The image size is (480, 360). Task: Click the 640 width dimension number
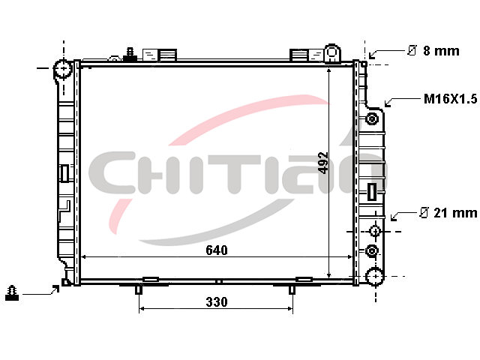217,250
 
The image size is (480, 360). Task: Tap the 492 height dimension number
323,163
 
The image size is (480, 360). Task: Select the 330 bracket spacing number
217,302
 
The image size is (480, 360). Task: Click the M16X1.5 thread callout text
450,99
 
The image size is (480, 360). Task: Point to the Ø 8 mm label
433,51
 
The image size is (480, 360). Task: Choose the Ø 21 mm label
448,213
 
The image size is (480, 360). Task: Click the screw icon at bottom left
12,293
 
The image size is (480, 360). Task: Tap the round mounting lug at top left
63,69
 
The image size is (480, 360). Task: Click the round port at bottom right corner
375,276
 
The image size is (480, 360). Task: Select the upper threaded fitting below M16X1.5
372,118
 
